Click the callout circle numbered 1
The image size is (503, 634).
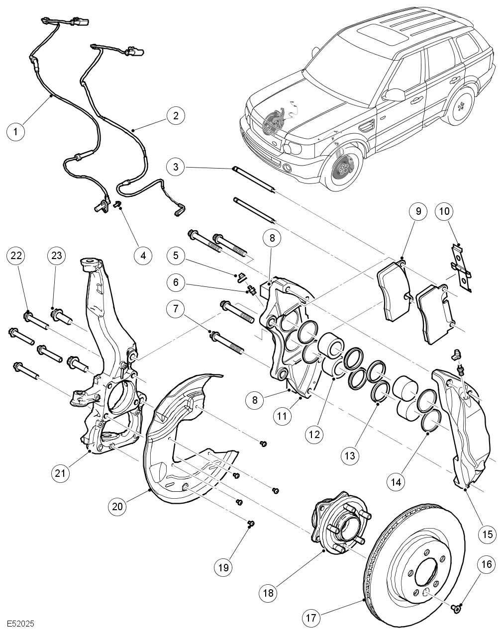(x=16, y=131)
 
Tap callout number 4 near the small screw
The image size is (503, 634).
(x=143, y=255)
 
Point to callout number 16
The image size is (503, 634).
(x=487, y=564)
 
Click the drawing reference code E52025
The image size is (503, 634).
(x=21, y=623)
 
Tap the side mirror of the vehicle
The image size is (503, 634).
(x=395, y=94)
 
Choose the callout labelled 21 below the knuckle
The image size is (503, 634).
(x=60, y=473)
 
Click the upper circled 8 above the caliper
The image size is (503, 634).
(x=272, y=238)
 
